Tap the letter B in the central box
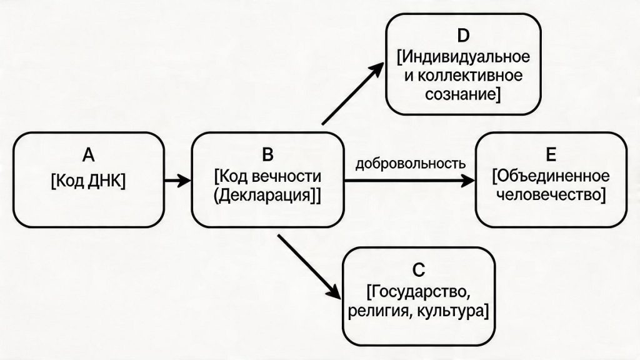(267, 154)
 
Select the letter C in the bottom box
(419, 269)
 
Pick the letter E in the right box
(551, 155)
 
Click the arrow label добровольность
(410, 164)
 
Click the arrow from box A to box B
(176, 181)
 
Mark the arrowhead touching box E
(468, 181)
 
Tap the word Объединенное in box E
(552, 176)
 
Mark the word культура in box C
(451, 311)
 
